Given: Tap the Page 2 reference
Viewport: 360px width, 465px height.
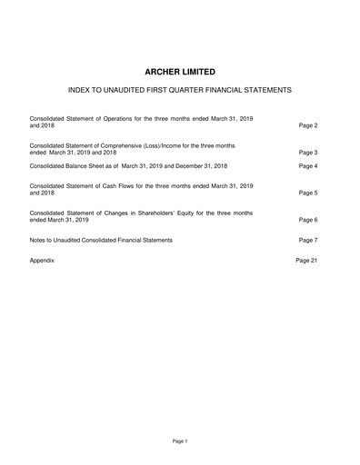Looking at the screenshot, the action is coord(307,124).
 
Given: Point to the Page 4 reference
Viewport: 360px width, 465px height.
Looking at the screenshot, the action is coord(307,166).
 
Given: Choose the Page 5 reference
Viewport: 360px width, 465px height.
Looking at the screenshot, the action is coord(307,193).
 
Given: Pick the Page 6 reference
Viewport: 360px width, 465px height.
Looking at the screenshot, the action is coord(307,220).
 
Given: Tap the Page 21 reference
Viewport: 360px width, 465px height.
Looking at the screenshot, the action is coord(305,260).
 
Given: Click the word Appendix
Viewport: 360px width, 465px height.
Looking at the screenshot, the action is coord(43,260).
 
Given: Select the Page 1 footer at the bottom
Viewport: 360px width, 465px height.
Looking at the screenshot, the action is coord(179,440).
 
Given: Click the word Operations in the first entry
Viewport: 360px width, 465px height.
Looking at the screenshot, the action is coord(125,118).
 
